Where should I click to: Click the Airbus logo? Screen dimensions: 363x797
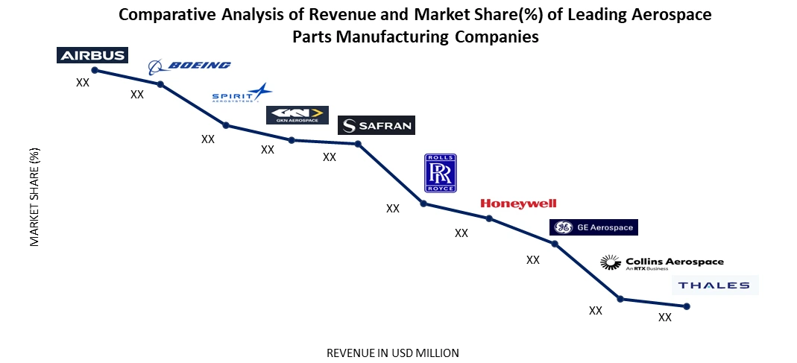point(92,55)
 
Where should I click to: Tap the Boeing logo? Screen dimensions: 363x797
point(189,66)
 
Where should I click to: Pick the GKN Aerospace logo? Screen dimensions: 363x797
point(297,115)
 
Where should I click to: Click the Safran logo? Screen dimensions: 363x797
point(375,125)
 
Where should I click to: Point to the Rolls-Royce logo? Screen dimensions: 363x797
point(440,173)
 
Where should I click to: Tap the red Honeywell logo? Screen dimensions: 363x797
point(518,203)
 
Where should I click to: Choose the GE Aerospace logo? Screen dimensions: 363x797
point(593,227)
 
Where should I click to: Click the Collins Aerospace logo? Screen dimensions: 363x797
point(662,262)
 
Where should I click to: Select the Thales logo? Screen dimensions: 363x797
point(715,285)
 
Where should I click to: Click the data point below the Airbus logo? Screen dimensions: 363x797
point(93,70)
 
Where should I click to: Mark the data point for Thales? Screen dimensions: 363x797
point(686,306)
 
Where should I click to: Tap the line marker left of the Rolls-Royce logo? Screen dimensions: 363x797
point(423,203)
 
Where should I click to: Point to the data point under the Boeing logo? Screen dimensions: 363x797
point(160,84)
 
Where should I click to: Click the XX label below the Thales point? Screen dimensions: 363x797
point(665,318)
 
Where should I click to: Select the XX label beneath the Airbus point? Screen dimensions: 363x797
point(83,83)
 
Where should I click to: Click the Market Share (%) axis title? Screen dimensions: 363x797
point(34,197)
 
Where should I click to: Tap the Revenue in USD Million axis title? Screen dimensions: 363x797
point(393,353)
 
